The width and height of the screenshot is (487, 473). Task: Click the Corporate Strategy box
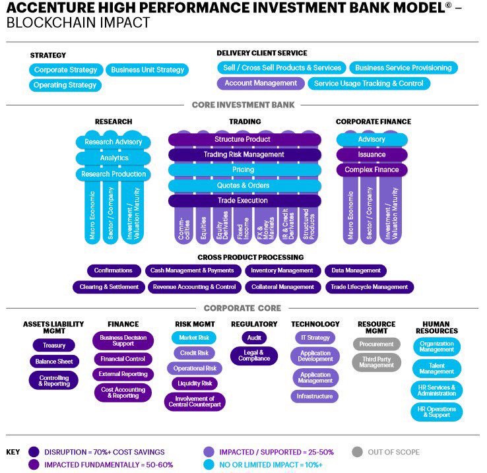coord(66,70)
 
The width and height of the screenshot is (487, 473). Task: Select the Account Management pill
coord(261,84)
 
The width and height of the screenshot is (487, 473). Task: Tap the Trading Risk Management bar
coord(244,155)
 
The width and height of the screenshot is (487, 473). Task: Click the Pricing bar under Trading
coord(244,170)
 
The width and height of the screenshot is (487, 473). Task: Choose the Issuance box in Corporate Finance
coord(372,155)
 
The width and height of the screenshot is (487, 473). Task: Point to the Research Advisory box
coord(114,142)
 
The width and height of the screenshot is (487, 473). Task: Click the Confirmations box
coord(114,270)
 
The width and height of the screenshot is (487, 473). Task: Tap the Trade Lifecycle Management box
coord(370,287)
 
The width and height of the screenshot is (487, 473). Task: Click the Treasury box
coord(54,345)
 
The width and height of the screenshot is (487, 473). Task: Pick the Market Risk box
coord(195,338)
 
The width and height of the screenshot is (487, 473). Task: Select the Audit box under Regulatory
coord(254,337)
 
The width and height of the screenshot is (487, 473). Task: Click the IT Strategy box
coord(314,338)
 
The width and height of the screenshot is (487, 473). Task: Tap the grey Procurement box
coord(377,344)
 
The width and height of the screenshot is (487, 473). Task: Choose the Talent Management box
coord(437,369)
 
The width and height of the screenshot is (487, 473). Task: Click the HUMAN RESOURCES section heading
coord(437,327)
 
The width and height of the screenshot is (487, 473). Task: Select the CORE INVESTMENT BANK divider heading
coord(243,105)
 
